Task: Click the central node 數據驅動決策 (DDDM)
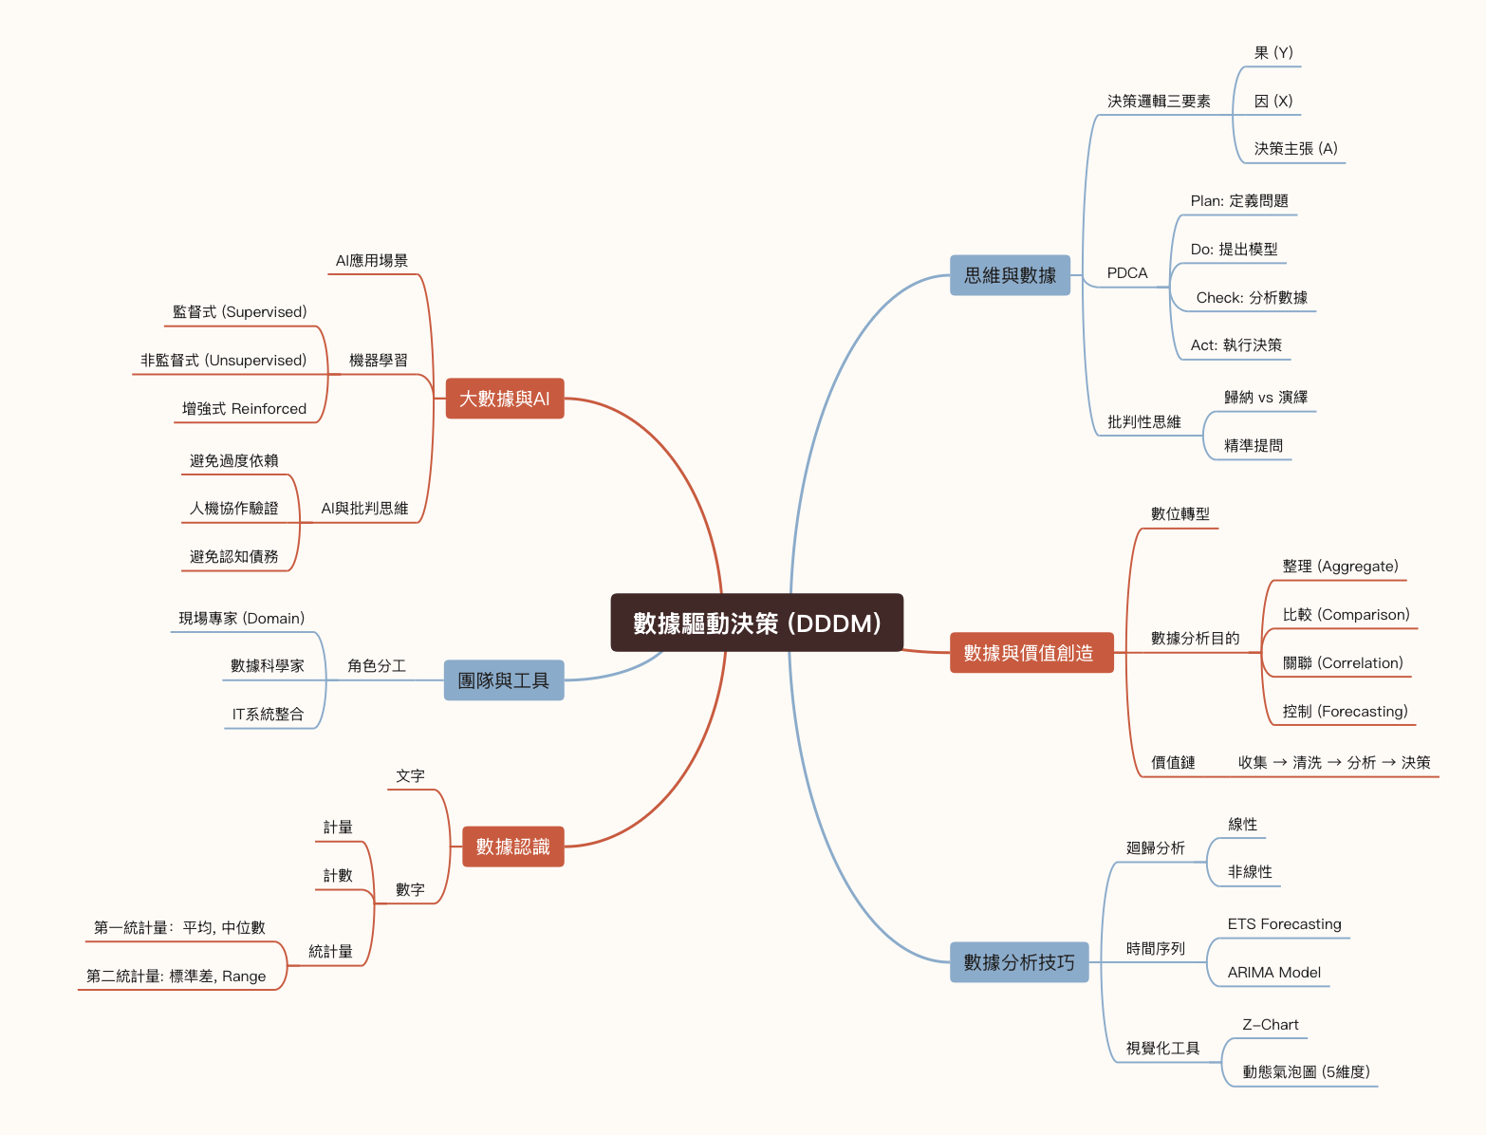[x=756, y=623]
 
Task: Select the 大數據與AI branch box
[x=504, y=399]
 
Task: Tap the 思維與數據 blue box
[x=1010, y=275]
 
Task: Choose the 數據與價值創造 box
[x=1031, y=653]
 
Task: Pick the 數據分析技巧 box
[x=1018, y=962]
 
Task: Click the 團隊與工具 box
[x=503, y=680]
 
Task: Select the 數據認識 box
[x=512, y=847]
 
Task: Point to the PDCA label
[x=1127, y=273]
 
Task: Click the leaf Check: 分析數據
[x=1251, y=298]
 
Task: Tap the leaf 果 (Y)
[x=1272, y=53]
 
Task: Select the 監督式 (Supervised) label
[x=239, y=312]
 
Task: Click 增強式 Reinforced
[x=244, y=409]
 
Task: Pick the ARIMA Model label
[x=1273, y=973]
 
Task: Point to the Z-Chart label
[x=1270, y=1025]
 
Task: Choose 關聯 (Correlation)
[x=1342, y=663]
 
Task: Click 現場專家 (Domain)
[x=241, y=619]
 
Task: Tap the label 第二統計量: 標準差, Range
[x=176, y=977]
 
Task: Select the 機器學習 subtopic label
[x=378, y=361]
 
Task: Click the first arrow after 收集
[x=1280, y=763]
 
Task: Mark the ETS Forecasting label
[x=1284, y=924]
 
